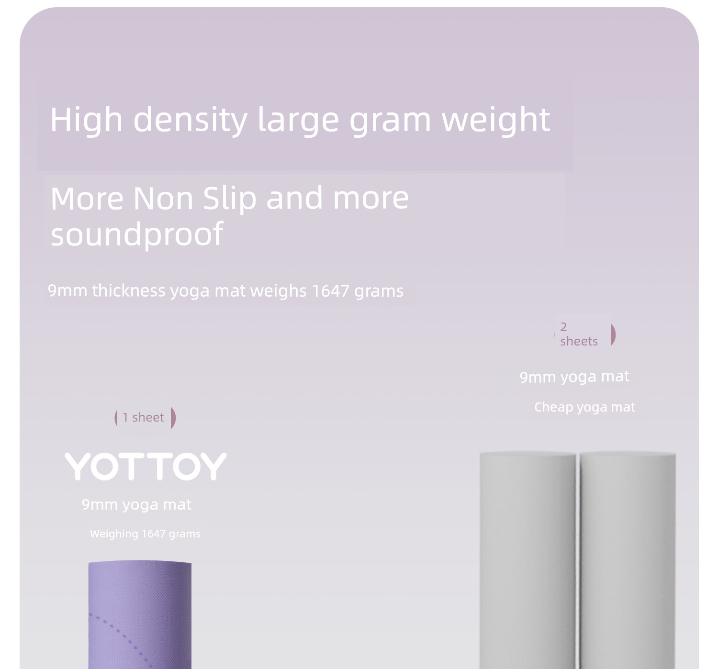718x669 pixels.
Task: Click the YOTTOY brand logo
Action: [x=146, y=466]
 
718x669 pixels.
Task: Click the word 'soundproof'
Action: [x=136, y=234]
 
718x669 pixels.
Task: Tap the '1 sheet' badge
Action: [x=145, y=418]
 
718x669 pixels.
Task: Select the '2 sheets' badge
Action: [x=584, y=334]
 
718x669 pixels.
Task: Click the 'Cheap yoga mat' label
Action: [x=584, y=407]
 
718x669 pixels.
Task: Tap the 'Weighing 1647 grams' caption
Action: [x=145, y=534]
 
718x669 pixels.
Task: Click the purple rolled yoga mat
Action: [x=140, y=614]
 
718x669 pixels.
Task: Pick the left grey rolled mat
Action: [x=527, y=560]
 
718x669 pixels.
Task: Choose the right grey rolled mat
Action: [x=628, y=560]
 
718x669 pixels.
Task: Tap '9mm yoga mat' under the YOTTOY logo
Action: [x=136, y=505]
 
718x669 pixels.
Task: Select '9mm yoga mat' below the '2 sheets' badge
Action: [x=574, y=377]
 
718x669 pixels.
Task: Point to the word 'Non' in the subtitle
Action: [x=163, y=199]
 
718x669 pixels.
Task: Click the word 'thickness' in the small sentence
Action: [x=128, y=291]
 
